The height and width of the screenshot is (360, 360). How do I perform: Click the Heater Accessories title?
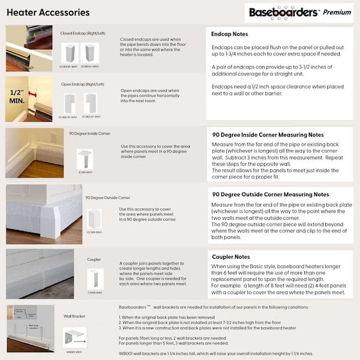coord(48,12)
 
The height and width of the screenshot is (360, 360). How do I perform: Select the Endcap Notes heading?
coord(230,34)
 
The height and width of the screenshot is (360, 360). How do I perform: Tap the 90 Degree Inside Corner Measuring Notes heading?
coord(268,134)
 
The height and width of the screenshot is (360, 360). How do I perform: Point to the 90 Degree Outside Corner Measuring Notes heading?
coord(271,194)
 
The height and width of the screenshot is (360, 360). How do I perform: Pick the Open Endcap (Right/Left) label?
coord(83,85)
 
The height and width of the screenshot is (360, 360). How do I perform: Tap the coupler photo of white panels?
coord(40,273)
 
